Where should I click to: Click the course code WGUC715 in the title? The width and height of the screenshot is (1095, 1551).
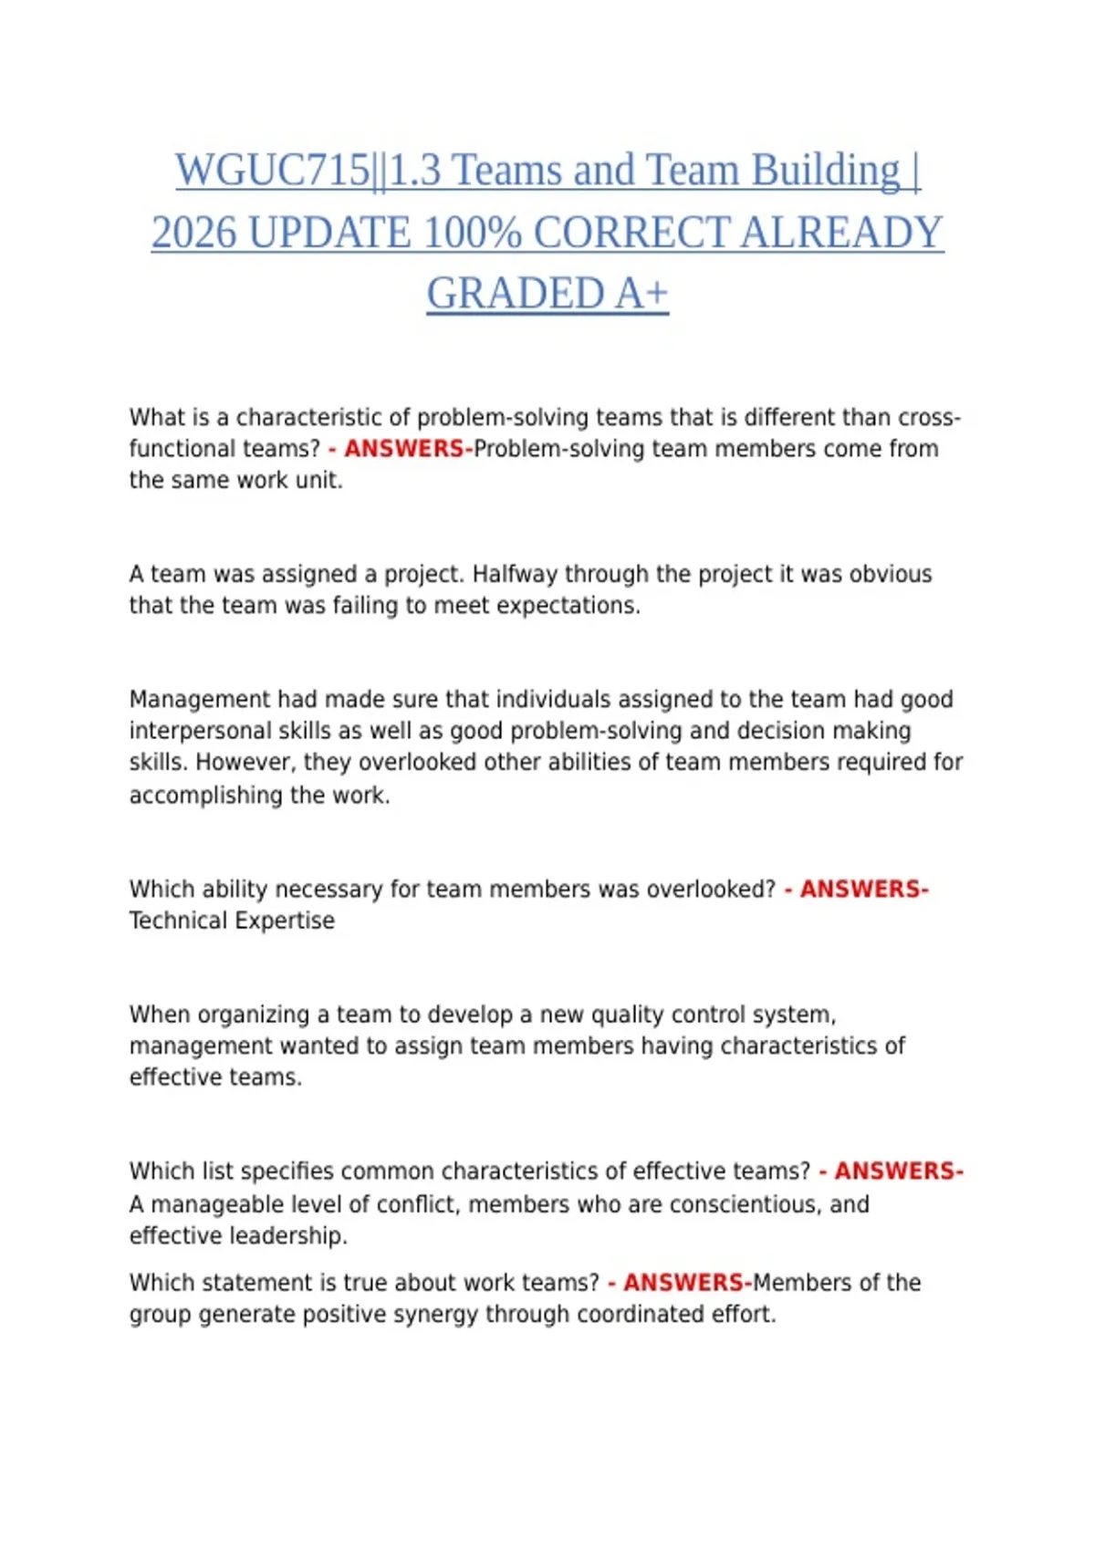(x=272, y=171)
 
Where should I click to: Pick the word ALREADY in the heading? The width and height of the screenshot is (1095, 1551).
(x=841, y=233)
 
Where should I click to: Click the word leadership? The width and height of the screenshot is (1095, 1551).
(x=288, y=1236)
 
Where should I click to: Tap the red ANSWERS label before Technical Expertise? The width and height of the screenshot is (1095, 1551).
(x=863, y=889)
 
